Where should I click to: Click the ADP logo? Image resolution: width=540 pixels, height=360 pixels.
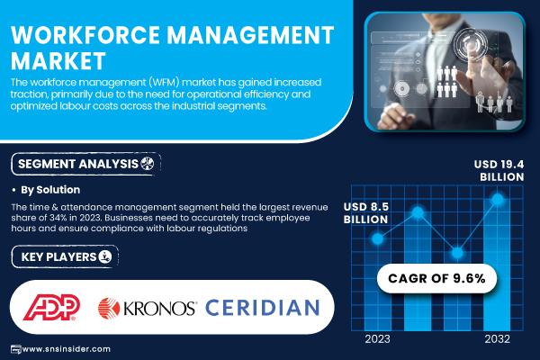51,307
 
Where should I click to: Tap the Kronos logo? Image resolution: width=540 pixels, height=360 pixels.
148,308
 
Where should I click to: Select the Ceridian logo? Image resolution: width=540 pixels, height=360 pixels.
263,308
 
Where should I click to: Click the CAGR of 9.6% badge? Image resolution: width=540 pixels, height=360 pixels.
436,278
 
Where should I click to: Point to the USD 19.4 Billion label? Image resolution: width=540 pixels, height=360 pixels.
499,170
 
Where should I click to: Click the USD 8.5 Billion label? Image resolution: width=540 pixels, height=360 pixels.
366,213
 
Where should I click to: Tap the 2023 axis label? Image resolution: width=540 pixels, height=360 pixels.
377,339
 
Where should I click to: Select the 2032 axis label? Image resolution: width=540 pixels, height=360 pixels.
498,339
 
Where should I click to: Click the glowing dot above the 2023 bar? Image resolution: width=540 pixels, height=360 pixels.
377,238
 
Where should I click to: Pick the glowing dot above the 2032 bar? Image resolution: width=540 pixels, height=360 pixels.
498,199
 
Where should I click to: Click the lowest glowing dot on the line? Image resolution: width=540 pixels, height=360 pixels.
457,253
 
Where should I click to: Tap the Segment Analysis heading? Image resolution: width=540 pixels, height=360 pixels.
78,164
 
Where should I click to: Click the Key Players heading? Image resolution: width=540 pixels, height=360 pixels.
58,257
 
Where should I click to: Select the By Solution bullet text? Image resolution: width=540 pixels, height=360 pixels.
50,190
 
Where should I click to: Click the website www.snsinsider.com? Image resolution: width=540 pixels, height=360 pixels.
66,349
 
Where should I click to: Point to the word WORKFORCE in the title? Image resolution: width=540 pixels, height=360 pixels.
85,35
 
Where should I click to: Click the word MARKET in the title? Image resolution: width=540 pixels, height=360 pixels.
58,61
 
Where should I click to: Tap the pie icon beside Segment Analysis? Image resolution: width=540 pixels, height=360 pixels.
148,163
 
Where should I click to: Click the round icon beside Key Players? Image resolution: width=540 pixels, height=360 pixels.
105,256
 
